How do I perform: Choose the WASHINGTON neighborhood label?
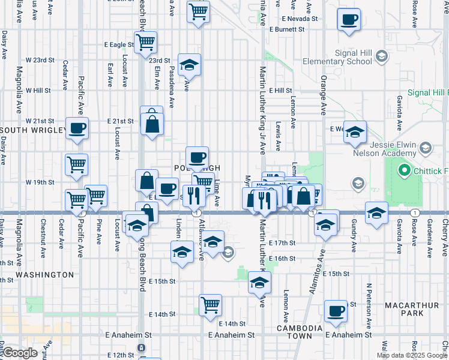point(44,274)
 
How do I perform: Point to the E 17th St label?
point(282,243)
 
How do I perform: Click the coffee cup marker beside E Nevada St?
point(349,20)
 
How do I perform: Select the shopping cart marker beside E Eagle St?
point(145,43)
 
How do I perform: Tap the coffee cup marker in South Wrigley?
point(77,128)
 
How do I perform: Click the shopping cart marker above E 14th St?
point(210,305)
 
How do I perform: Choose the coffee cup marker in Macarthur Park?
point(336,311)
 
